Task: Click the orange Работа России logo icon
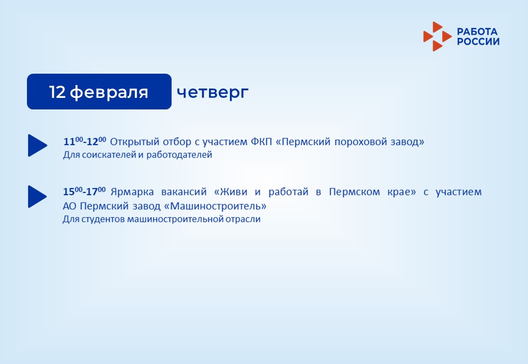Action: (437, 36)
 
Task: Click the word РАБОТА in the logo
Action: (477, 32)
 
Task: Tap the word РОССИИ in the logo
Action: (478, 41)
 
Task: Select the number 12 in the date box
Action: (57, 92)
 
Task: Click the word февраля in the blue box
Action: (109, 92)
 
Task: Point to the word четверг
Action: (212, 92)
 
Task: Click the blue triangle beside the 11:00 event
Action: (37, 146)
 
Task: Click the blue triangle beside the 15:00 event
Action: (37, 196)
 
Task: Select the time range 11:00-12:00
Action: (85, 141)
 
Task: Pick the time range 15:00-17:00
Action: (84, 191)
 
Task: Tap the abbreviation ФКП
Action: (261, 142)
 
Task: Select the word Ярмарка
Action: (132, 192)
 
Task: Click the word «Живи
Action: (230, 192)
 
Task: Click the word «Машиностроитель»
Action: (215, 206)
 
